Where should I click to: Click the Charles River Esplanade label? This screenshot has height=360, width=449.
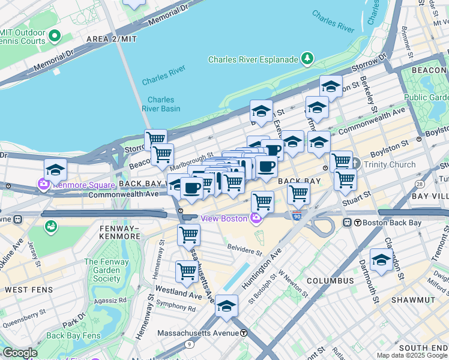pyautogui.click(x=253, y=59)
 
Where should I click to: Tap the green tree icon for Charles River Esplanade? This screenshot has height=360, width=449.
pyautogui.click(x=307, y=58)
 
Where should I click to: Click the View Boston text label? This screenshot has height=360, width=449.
pyautogui.click(x=224, y=218)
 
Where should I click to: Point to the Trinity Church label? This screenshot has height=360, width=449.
pyautogui.click(x=388, y=164)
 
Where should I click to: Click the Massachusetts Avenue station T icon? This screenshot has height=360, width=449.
pyautogui.click(x=244, y=333)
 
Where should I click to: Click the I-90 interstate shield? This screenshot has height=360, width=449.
pyautogui.click(x=297, y=216)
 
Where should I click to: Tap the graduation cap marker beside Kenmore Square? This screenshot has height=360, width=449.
pyautogui.click(x=55, y=170)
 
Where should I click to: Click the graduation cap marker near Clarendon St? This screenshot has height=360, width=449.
pyautogui.click(x=381, y=259)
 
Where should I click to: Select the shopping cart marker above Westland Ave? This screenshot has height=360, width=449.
pyautogui.click(x=187, y=272)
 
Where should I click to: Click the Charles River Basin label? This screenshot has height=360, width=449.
pyautogui.click(x=161, y=104)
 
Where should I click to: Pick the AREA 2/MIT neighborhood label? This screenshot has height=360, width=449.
pyautogui.click(x=112, y=39)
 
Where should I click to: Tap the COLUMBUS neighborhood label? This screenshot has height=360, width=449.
pyautogui.click(x=330, y=281)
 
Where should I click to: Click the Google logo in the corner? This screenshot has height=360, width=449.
pyautogui.click(x=20, y=353)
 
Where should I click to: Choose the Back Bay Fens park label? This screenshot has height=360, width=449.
pyautogui.click(x=72, y=335)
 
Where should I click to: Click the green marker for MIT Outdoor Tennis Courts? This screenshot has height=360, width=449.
pyautogui.click(x=54, y=36)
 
